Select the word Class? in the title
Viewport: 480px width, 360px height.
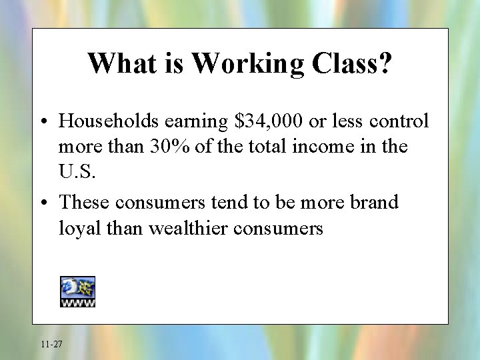click(350, 63)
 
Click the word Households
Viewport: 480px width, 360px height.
click(109, 121)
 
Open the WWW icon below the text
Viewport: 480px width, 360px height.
click(78, 291)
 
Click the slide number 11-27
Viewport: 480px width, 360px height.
click(51, 344)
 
